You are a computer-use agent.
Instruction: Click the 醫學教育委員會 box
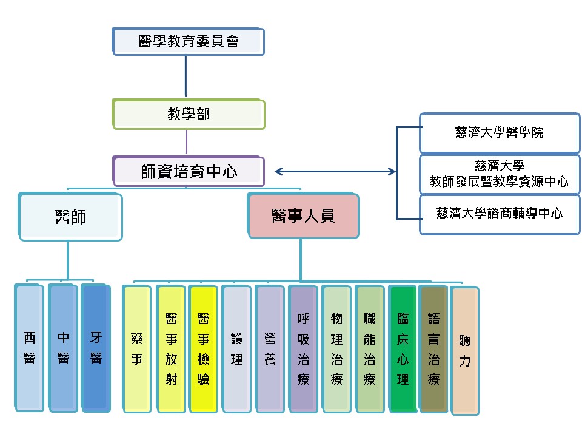pos(189,41)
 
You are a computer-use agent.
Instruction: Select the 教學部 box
pos(189,114)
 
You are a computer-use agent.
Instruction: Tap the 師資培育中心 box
pos(189,171)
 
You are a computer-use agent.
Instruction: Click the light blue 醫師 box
pos(70,216)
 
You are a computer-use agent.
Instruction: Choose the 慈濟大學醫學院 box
pos(499,132)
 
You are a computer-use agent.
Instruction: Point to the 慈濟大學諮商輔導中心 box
pos(499,214)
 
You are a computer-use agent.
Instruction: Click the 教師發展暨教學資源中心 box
pos(499,174)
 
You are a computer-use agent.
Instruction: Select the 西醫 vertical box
pos(30,348)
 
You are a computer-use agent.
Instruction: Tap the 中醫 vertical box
pos(63,348)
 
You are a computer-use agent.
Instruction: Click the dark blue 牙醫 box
pos(96,348)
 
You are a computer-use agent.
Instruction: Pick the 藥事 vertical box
pos(137,349)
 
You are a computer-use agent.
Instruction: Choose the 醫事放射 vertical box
pos(170,349)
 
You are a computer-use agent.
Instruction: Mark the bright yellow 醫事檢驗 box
pos(203,349)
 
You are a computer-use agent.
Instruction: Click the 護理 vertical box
pos(236,349)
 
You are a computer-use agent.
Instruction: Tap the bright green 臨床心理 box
pos(403,349)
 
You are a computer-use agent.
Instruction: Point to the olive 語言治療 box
pos(433,349)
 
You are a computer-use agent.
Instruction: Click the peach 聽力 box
pos(465,352)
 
